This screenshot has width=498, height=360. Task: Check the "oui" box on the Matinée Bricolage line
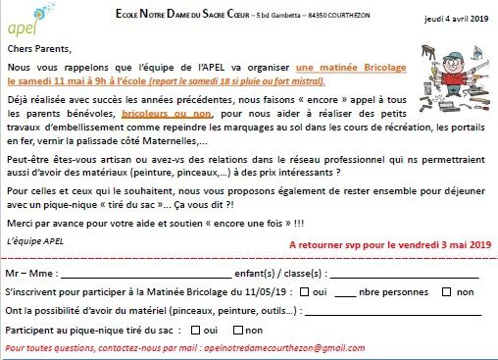304,292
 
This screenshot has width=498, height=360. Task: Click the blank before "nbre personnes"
346,292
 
